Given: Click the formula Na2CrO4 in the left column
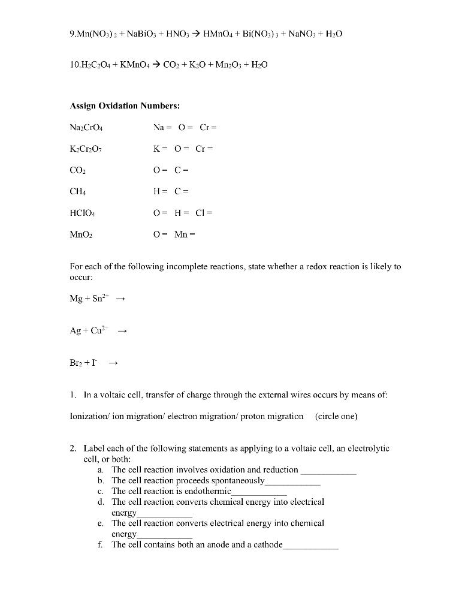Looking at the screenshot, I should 87,128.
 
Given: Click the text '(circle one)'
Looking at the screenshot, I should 336,417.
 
